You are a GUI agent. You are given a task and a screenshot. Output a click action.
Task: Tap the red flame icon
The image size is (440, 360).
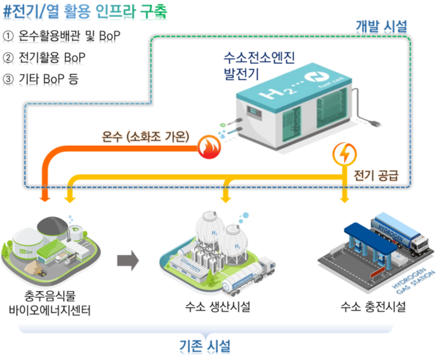coord(209,149)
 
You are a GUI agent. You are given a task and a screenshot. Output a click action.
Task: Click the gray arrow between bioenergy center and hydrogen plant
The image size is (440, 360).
coord(128,259)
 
